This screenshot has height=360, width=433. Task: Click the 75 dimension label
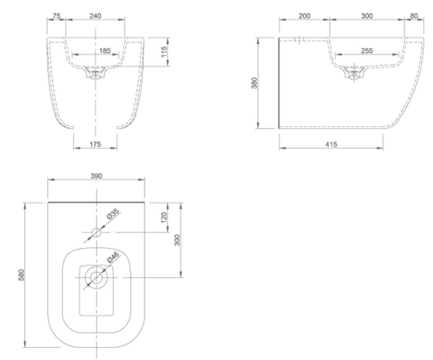tap(56, 16)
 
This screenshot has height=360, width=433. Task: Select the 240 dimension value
tap(95, 16)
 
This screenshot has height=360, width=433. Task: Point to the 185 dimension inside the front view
tap(105, 51)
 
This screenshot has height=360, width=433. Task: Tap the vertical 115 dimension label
tap(164, 52)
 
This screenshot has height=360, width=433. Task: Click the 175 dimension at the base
tap(95, 144)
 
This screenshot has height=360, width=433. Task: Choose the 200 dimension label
tap(305, 16)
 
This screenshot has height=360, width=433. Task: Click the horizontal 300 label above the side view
tap(367, 16)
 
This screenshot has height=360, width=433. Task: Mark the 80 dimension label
tap(414, 16)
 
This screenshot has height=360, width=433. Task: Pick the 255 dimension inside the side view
tap(367, 51)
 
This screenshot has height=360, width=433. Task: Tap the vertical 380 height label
tap(254, 83)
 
